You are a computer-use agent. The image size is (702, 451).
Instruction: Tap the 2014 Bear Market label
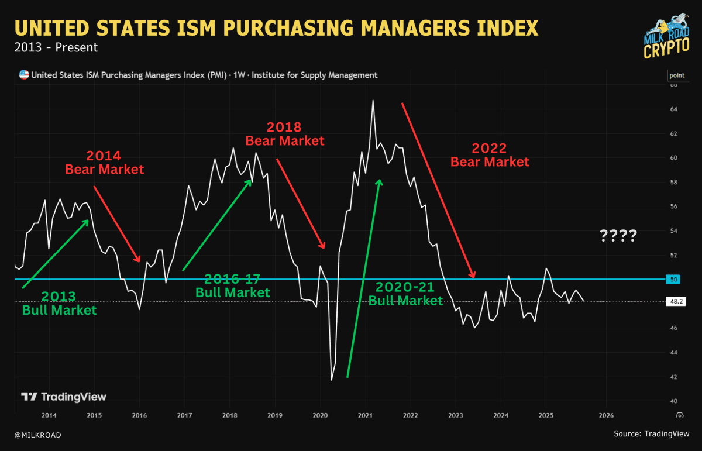coord(104,163)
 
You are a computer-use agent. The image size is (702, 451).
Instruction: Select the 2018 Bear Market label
coord(284,133)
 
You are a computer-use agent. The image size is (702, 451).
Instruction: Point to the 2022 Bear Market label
coord(490,155)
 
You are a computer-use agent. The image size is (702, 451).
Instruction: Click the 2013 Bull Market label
coord(58,302)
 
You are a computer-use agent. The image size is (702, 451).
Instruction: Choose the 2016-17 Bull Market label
coord(233,285)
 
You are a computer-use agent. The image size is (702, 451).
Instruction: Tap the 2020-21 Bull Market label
coord(405,294)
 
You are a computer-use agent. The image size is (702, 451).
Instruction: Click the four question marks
coord(618,236)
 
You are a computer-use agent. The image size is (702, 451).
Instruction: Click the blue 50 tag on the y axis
coord(673,280)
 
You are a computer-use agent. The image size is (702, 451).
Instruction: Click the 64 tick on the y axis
coord(673,109)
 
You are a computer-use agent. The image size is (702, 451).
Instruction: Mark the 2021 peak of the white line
coord(373,101)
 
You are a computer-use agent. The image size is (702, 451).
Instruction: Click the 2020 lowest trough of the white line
coord(332,380)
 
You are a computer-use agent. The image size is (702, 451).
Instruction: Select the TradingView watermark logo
coord(64,397)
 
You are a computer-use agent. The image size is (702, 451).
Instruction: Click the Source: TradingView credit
coord(651,434)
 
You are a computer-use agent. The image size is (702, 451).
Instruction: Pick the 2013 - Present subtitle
coord(56,47)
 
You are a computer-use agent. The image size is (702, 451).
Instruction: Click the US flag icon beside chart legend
coord(24,75)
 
